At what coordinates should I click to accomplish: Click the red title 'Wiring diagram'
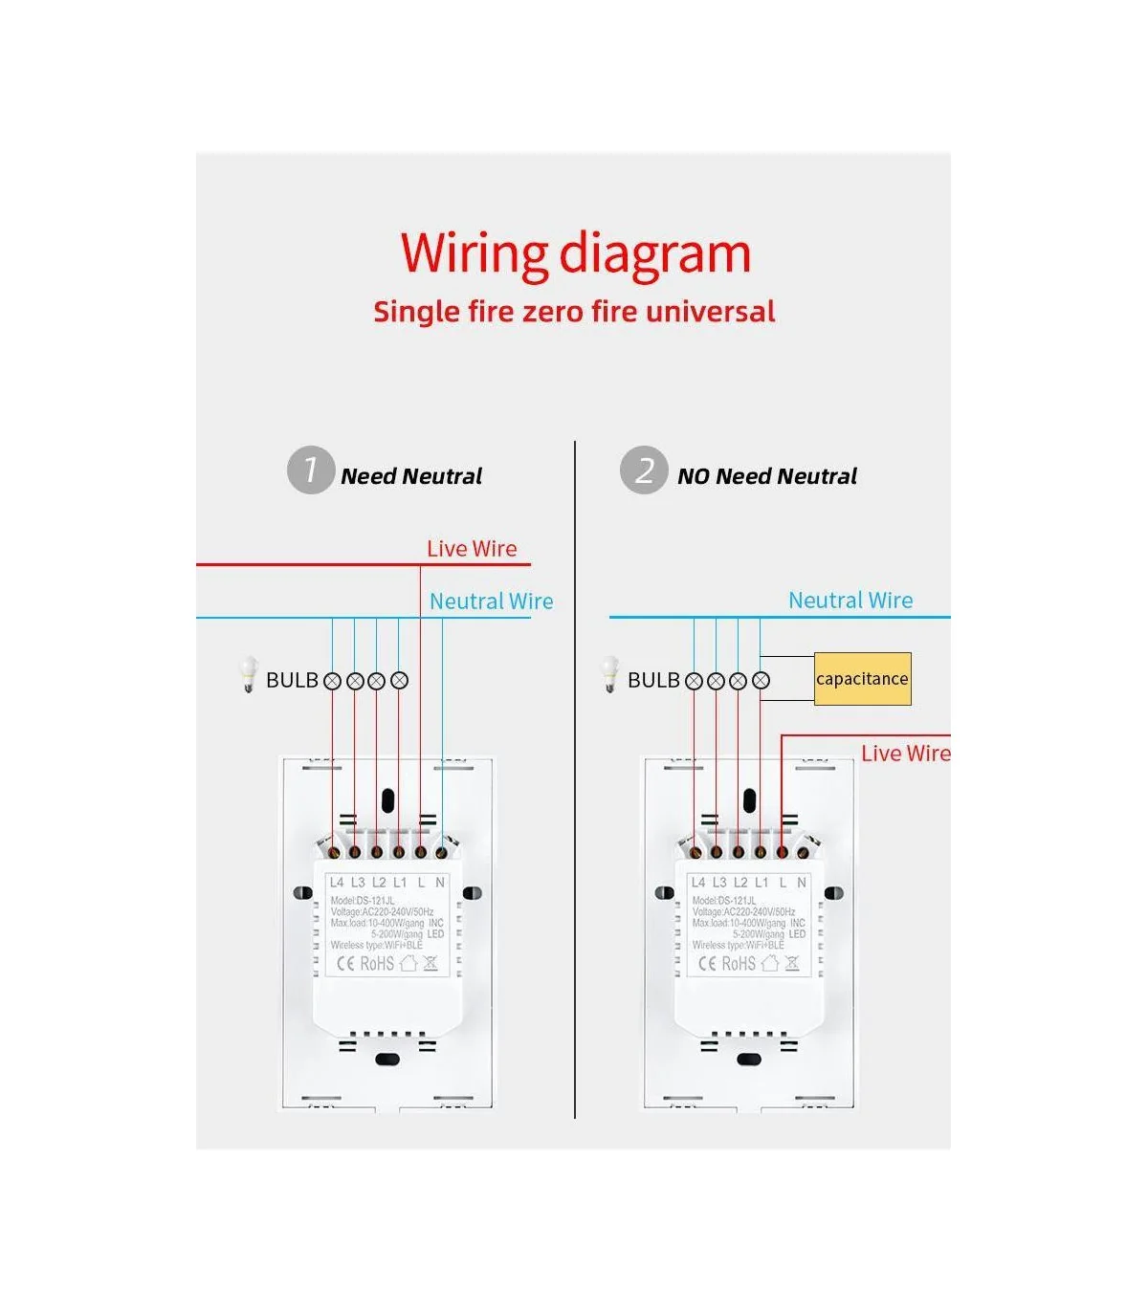(575, 253)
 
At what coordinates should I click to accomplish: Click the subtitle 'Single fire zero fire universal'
(574, 312)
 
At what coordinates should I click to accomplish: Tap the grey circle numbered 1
(310, 470)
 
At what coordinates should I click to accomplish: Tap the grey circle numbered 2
(644, 470)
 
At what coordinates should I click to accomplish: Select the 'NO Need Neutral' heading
(766, 476)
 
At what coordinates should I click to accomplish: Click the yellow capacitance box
(862, 679)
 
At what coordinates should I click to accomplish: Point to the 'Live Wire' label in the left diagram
(472, 549)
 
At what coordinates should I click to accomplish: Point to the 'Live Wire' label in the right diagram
(905, 754)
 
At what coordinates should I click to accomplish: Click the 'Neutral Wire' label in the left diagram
(491, 601)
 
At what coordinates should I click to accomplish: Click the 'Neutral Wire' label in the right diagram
(850, 601)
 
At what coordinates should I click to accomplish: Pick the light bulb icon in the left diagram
(249, 674)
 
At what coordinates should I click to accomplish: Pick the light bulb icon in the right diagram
(610, 674)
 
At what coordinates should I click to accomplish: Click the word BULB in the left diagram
(292, 680)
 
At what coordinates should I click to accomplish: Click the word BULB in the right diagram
(653, 680)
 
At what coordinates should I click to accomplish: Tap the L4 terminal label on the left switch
(337, 883)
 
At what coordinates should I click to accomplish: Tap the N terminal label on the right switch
(802, 883)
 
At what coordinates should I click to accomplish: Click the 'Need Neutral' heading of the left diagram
(411, 476)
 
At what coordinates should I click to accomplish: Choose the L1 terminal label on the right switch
(762, 883)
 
